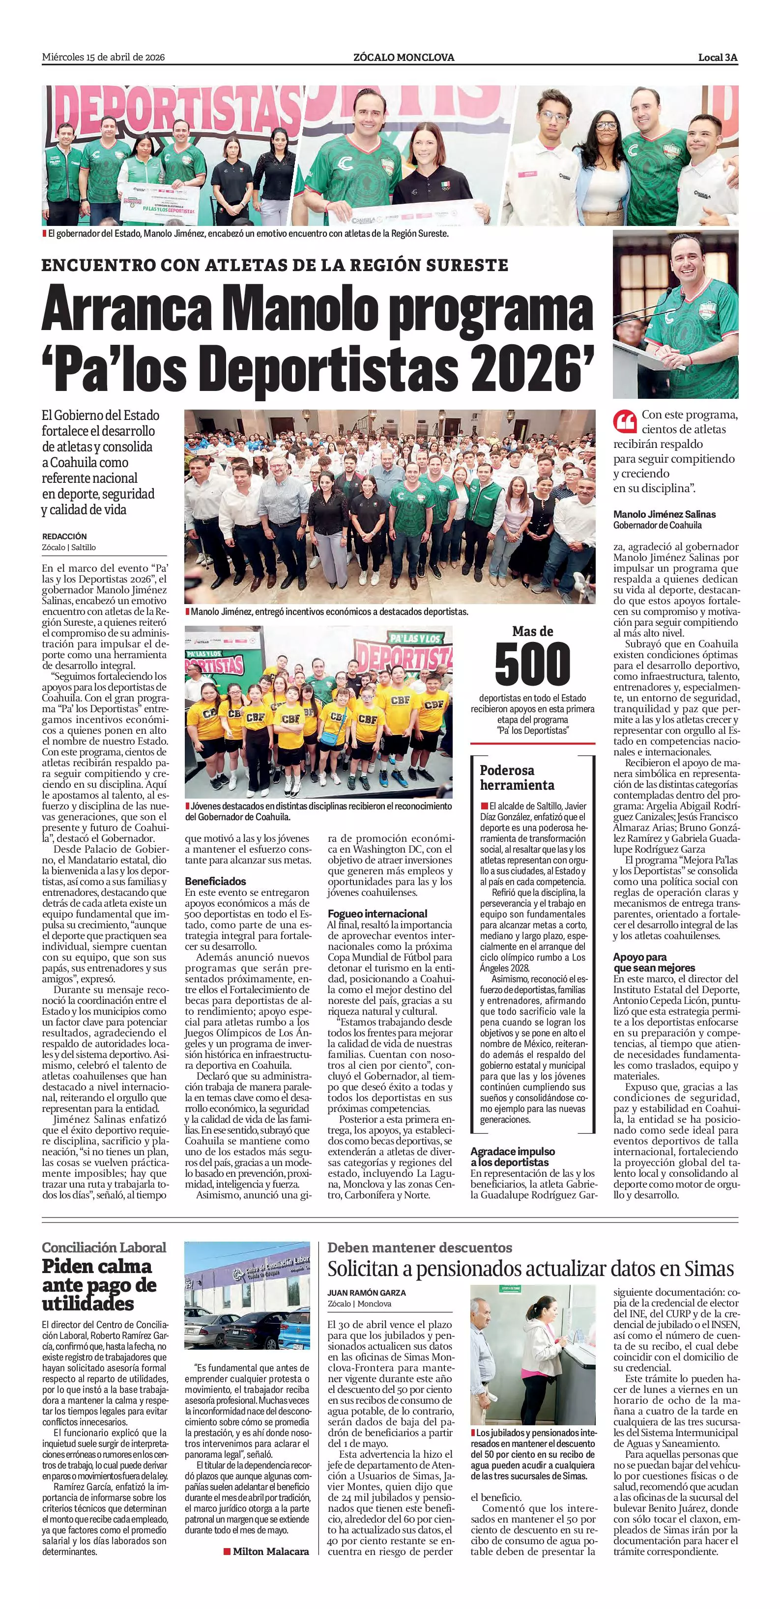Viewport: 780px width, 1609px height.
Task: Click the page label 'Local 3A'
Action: [x=718, y=57]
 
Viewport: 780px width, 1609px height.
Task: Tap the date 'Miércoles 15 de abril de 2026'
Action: [x=103, y=57]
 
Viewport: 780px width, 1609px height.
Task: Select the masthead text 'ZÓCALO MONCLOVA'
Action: [x=403, y=57]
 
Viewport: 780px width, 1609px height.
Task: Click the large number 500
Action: [x=532, y=665]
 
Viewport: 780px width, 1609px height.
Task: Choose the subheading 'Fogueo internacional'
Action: [x=377, y=913]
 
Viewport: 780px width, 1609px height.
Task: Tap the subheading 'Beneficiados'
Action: [x=216, y=881]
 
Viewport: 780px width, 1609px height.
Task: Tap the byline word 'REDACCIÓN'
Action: [x=64, y=536]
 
